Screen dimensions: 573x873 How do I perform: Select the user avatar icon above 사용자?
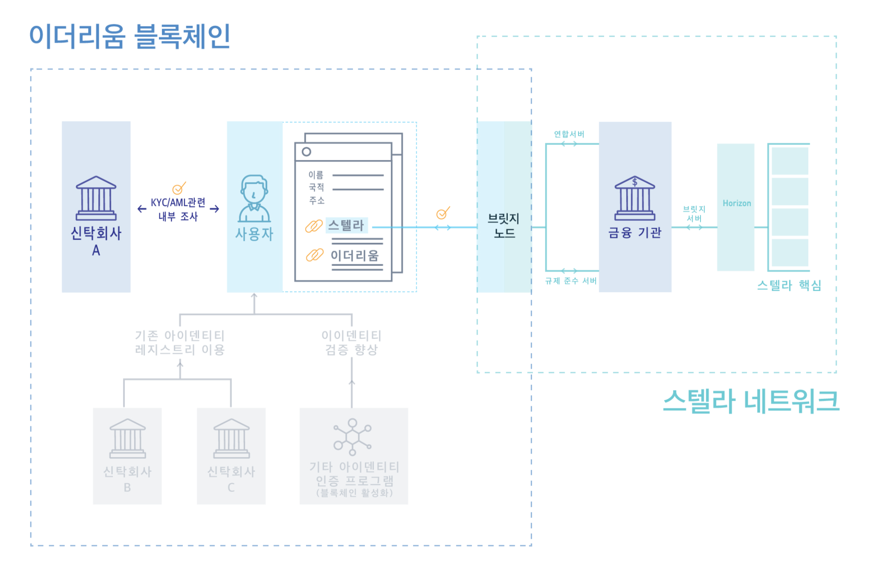(254, 198)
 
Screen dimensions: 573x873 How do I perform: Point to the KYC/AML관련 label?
(178, 203)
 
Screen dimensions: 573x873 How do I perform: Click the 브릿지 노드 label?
(504, 226)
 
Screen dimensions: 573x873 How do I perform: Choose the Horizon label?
(737, 203)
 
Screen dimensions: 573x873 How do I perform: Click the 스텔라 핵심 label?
(789, 285)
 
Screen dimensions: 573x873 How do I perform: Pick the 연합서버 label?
(569, 134)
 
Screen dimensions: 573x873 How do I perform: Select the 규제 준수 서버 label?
(571, 281)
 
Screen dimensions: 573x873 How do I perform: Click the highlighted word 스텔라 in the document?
(346, 225)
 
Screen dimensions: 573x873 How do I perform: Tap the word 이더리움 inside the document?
(355, 256)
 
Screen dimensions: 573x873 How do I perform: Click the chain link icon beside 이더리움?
(315, 255)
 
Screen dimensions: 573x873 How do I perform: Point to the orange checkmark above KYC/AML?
(179, 188)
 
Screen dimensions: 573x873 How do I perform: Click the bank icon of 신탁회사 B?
(127, 439)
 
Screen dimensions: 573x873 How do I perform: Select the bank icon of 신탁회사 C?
(231, 439)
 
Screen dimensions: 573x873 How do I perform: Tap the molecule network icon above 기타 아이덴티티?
(352, 437)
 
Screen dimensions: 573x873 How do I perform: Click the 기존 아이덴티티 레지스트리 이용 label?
(180, 342)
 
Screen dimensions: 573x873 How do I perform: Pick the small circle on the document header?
(306, 152)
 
